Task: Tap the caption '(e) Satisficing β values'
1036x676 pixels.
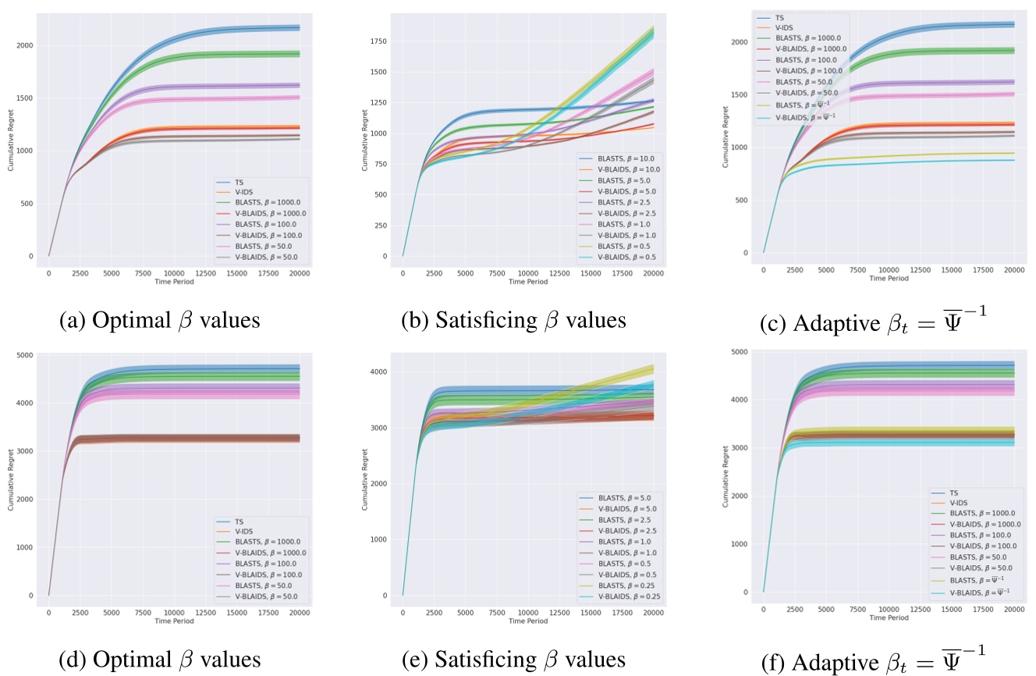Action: coord(513,660)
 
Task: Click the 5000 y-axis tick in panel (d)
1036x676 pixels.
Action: coord(27,355)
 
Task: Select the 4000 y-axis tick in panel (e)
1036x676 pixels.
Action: coord(381,372)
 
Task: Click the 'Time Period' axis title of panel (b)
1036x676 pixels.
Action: coord(528,282)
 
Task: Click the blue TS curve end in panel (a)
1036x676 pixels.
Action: coord(299,28)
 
